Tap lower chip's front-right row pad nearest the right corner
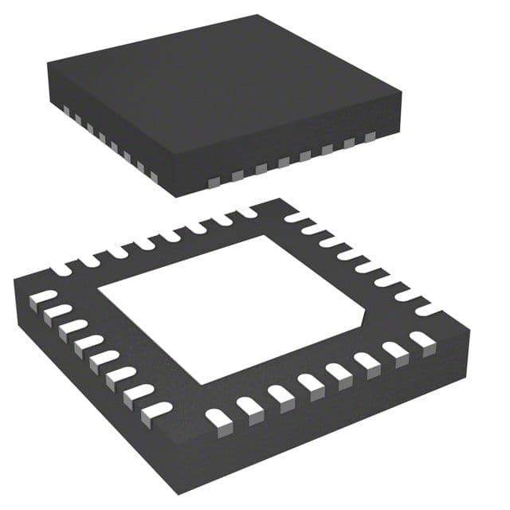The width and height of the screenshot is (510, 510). point(422,340)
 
